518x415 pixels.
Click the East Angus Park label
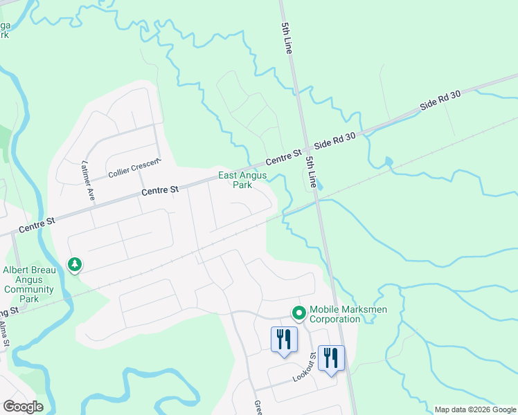click(x=242, y=181)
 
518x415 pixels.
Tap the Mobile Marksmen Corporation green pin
click(x=299, y=314)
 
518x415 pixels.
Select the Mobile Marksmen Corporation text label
click(x=335, y=314)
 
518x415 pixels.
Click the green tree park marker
click(x=75, y=264)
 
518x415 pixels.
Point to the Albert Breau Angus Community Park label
click(x=29, y=285)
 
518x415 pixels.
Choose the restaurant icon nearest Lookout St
click(x=331, y=359)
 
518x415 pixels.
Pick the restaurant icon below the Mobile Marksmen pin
click(x=283, y=340)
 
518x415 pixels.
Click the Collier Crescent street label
click(x=134, y=167)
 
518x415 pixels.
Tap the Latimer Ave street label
click(x=87, y=181)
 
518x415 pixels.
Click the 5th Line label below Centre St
click(x=312, y=173)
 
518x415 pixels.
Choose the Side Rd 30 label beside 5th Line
click(x=334, y=141)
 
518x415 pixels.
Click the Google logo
click(x=23, y=406)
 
